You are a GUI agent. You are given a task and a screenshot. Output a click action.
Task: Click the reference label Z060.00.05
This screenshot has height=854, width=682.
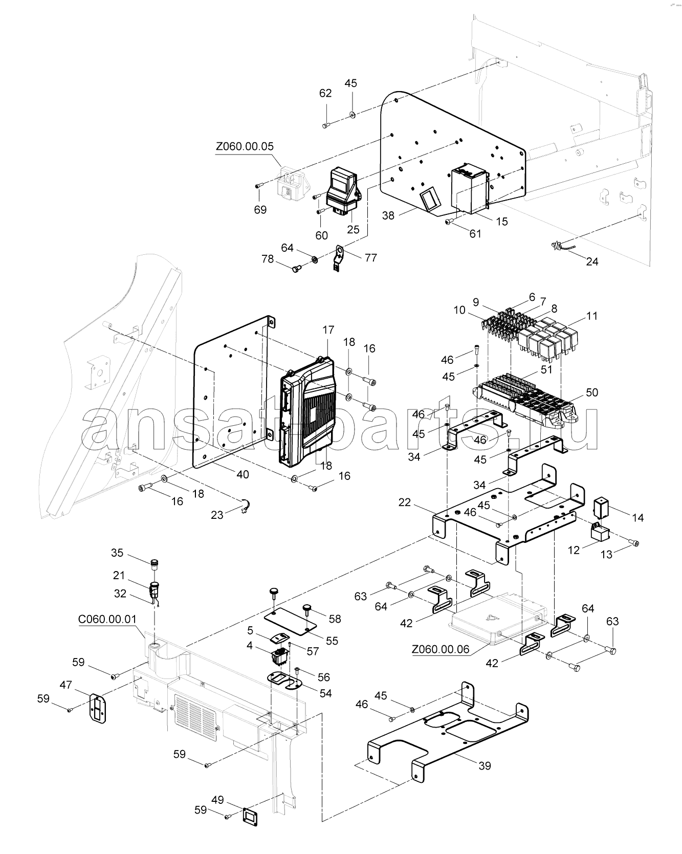[245, 146]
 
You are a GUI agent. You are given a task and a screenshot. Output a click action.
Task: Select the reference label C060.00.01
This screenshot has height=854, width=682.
[107, 619]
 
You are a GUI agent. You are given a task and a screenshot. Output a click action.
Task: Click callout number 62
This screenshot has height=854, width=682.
[325, 93]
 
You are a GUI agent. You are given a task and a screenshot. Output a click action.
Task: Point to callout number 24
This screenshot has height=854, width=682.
[592, 261]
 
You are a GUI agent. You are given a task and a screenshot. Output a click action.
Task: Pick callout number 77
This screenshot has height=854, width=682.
[371, 257]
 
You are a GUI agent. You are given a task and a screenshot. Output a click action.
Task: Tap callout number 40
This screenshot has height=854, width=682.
[243, 474]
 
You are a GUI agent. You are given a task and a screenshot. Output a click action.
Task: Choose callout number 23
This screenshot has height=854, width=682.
[217, 514]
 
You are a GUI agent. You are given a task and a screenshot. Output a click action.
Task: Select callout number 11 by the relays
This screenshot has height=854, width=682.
[591, 316]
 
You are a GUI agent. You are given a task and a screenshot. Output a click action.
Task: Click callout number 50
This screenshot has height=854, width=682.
[592, 392]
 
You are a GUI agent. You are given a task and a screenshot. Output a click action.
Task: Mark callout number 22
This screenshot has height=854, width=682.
[405, 503]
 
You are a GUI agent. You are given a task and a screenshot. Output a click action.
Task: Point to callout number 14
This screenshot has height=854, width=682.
[637, 518]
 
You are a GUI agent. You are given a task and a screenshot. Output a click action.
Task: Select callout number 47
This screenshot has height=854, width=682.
[65, 685]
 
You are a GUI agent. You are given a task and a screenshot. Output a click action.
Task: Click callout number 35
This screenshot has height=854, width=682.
[117, 553]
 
